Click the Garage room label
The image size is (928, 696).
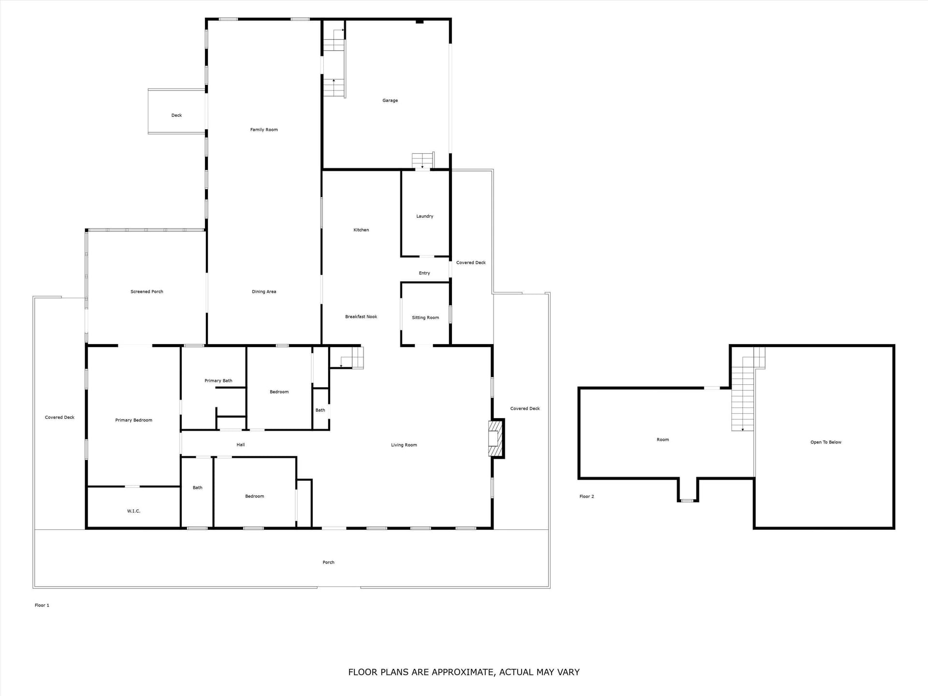click(x=390, y=101)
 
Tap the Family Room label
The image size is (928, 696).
click(x=264, y=130)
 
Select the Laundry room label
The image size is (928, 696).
click(x=425, y=216)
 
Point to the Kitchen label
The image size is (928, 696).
click(x=361, y=230)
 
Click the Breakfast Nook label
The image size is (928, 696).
click(x=361, y=317)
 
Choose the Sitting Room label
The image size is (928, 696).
click(x=425, y=318)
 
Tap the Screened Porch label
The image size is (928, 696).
click(x=147, y=291)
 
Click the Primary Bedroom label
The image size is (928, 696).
click(x=134, y=420)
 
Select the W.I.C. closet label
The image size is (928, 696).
click(x=134, y=511)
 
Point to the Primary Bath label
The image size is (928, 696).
click(x=218, y=380)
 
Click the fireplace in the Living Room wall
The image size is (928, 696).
click(x=496, y=438)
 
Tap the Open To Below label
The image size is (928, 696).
click(x=826, y=442)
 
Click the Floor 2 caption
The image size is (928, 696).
click(x=587, y=496)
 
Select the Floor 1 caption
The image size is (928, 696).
click(x=42, y=605)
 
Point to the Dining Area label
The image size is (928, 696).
click(x=264, y=291)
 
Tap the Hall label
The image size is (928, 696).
click(x=241, y=445)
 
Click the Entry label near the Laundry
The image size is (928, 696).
click(x=424, y=273)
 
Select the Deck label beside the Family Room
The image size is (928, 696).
click(x=177, y=115)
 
